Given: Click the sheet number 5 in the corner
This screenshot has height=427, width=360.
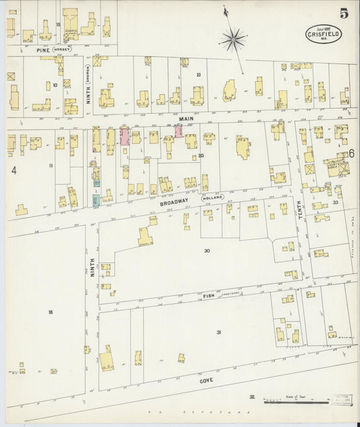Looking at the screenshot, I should (344, 14).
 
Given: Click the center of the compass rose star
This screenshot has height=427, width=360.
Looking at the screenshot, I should (234, 40).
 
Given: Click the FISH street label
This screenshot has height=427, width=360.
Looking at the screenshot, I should (207, 296).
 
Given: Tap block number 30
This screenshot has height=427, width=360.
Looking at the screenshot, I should (207, 251).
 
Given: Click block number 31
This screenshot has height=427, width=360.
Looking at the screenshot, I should (218, 332).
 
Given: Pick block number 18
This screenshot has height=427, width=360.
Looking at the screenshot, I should (50, 311).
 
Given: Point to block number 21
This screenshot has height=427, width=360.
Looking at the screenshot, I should (199, 74).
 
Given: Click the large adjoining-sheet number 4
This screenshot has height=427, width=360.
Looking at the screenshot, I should (13, 170).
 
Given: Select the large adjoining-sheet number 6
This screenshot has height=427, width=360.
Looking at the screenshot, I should (351, 153).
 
